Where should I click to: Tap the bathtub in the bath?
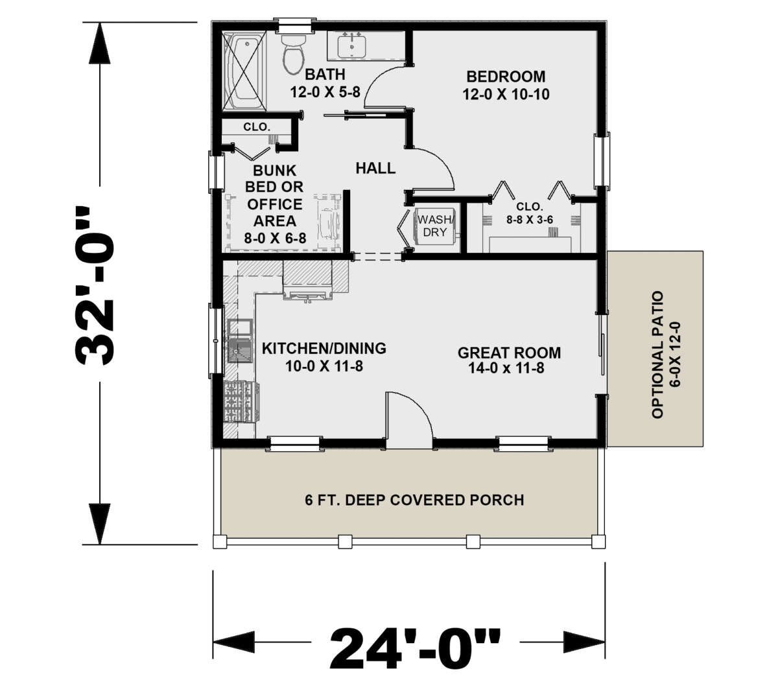[244, 71]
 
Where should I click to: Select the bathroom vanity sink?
[351, 47]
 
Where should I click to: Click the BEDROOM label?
[506, 76]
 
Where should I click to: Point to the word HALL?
[375, 168]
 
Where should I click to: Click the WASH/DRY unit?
[434, 226]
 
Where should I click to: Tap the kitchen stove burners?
[241, 402]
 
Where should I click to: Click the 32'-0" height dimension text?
[95, 285]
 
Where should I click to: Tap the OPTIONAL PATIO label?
[657, 355]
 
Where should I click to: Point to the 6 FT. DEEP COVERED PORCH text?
[414, 500]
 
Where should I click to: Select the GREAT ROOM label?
[509, 353]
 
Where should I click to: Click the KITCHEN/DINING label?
[324, 348]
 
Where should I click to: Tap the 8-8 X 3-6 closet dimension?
[530, 220]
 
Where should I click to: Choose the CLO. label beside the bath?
[257, 126]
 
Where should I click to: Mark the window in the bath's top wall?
[294, 25]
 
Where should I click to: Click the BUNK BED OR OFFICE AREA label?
[274, 204]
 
